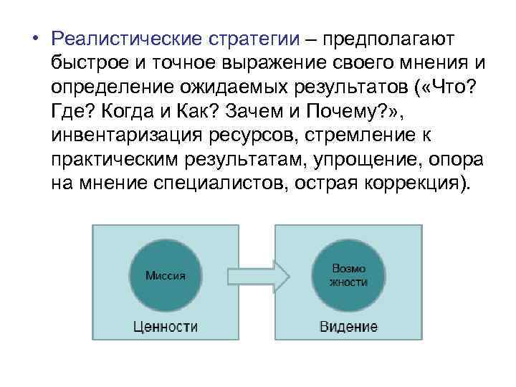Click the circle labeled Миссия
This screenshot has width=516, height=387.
pyautogui.click(x=165, y=275)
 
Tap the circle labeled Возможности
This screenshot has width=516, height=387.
pyautogui.click(x=349, y=275)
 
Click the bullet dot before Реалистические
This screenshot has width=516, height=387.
pyautogui.click(x=34, y=37)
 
